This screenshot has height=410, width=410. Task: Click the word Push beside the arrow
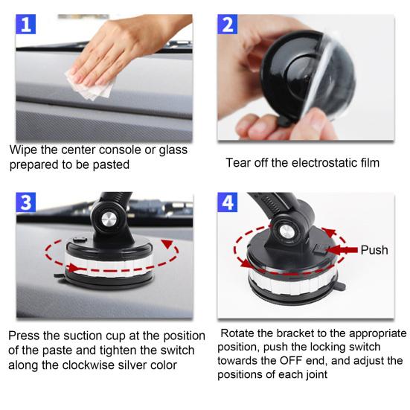tap(374, 250)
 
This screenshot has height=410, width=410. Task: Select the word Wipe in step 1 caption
tap(23, 150)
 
